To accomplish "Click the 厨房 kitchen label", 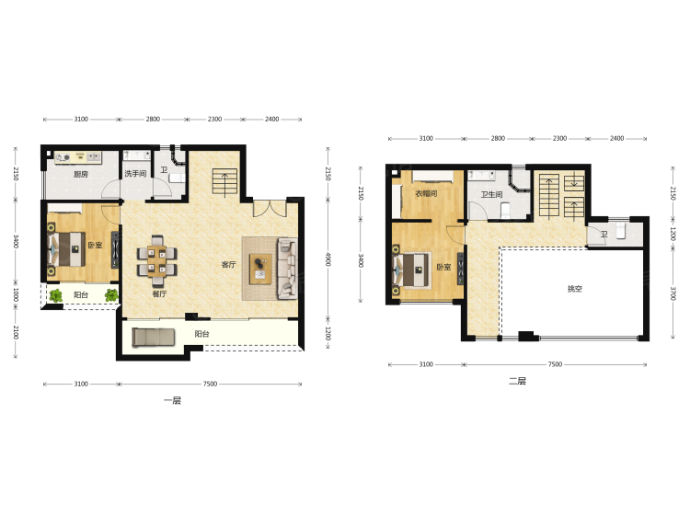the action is (x=81, y=174).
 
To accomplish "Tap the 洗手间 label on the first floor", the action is (x=135, y=173).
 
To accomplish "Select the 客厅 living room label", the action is (x=229, y=264).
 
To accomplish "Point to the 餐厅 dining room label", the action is (x=159, y=293).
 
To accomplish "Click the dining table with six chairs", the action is (x=157, y=261).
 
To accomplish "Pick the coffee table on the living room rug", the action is (x=260, y=269).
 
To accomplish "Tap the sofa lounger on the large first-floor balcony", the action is (x=154, y=337).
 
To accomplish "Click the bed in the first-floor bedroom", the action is (x=66, y=249).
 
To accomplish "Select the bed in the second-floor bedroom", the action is (x=411, y=270).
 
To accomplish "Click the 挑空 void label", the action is (x=575, y=289).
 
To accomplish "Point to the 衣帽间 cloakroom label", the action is (x=426, y=193).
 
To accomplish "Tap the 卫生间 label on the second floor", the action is (x=491, y=194).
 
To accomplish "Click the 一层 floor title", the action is (x=173, y=400).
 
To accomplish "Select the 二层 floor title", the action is (x=517, y=381).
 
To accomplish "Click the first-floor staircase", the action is (x=224, y=181).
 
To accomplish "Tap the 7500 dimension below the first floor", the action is (x=211, y=384).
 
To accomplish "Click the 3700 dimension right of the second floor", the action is (x=673, y=293).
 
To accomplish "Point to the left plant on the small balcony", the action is (x=56, y=295).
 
